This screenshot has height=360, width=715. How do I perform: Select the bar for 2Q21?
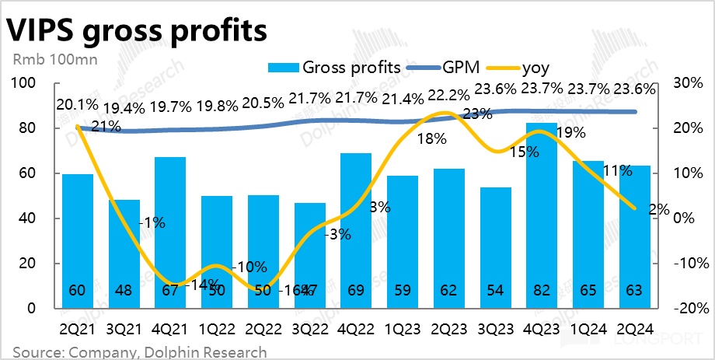(x=78, y=241)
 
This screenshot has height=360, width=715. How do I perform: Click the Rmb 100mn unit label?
(x=44, y=59)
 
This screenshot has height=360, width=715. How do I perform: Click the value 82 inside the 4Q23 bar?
(x=541, y=292)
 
